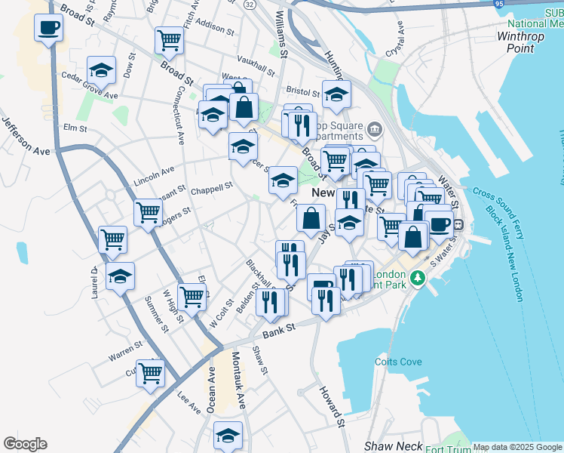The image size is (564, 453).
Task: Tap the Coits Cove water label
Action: point(398,362)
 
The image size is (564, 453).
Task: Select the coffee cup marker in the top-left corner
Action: point(49,29)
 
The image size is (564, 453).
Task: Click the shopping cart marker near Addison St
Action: point(170,40)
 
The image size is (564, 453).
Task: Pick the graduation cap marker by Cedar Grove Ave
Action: point(101,71)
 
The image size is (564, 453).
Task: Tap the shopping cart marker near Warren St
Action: point(151,372)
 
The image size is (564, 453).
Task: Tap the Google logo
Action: point(26,444)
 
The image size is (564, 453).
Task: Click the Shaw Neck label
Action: point(393,446)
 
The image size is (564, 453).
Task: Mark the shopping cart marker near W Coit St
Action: point(192,297)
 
